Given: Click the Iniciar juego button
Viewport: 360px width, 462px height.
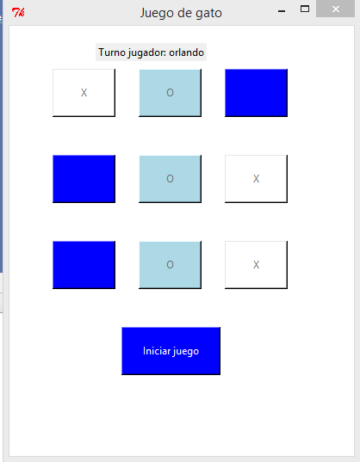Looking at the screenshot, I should pyautogui.click(x=171, y=351).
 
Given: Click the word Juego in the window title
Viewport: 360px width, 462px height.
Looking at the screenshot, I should pyautogui.click(x=159, y=13).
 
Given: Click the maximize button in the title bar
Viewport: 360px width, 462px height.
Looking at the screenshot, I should pyautogui.click(x=304, y=9).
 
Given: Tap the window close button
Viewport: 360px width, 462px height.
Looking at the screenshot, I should pyautogui.click(x=337, y=9).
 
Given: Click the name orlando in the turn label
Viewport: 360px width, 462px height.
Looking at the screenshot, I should pyautogui.click(x=187, y=52).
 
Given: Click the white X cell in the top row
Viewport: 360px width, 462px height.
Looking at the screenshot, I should pyautogui.click(x=84, y=93).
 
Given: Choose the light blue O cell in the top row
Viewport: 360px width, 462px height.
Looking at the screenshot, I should pyautogui.click(x=170, y=93).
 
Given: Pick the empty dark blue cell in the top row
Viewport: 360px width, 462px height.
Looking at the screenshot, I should pyautogui.click(x=256, y=93).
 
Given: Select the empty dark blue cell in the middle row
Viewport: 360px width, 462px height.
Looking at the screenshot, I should pyautogui.click(x=84, y=179).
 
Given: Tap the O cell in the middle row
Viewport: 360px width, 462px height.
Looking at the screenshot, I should pyautogui.click(x=170, y=179).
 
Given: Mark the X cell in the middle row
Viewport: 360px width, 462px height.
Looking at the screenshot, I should pyautogui.click(x=256, y=179).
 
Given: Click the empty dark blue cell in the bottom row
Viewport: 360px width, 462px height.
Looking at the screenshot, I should pyautogui.click(x=84, y=265).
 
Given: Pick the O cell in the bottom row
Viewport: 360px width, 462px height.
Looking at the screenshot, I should pyautogui.click(x=170, y=265).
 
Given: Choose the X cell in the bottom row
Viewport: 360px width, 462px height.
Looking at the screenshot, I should pyautogui.click(x=256, y=265).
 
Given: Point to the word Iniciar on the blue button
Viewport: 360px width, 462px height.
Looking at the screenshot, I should pyautogui.click(x=156, y=351).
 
